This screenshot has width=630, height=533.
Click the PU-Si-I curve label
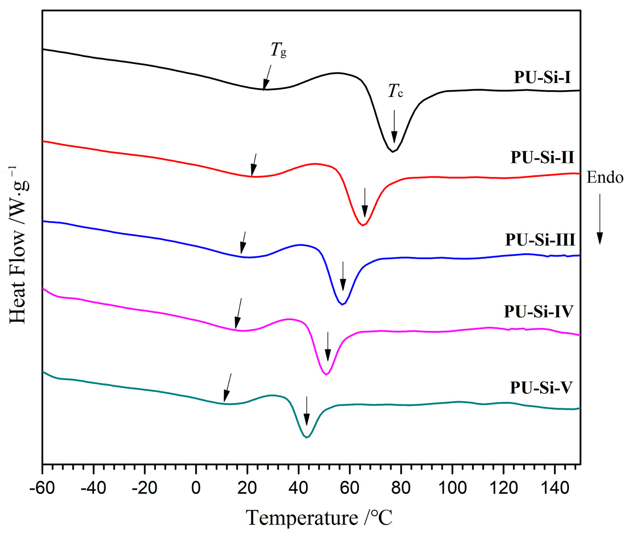(x=542, y=77)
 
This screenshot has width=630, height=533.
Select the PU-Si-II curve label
(x=542, y=157)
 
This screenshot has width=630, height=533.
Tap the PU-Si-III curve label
(x=540, y=240)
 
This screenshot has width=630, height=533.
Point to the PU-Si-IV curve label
(x=539, y=312)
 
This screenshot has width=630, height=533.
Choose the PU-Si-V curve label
(x=541, y=388)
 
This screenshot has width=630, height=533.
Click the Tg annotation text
(x=278, y=50)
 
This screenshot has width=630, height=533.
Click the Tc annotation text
(x=395, y=91)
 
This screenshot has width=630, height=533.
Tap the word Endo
(x=605, y=177)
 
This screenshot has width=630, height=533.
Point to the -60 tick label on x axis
(x=42, y=488)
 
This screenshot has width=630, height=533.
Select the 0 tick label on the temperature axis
(x=196, y=488)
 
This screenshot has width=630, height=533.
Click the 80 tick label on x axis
(x=401, y=488)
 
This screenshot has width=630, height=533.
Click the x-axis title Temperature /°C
(x=319, y=518)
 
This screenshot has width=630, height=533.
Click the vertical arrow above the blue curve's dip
(x=343, y=276)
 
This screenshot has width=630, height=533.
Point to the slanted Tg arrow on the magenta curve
(x=238, y=314)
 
